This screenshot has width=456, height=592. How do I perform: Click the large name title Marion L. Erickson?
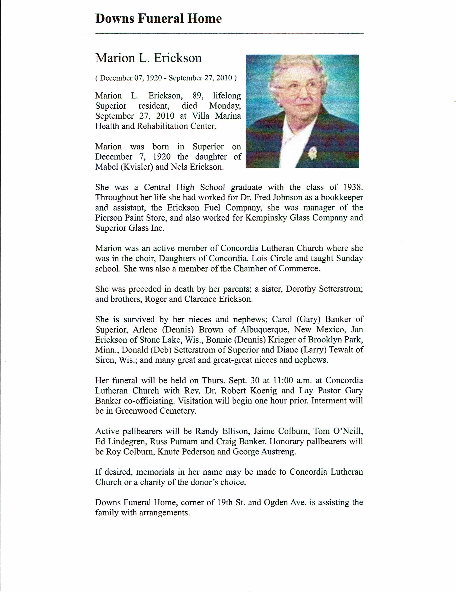tap(148, 58)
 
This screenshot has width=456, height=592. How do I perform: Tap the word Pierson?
tap(108, 218)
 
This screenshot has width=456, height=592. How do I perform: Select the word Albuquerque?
tap(260, 330)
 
